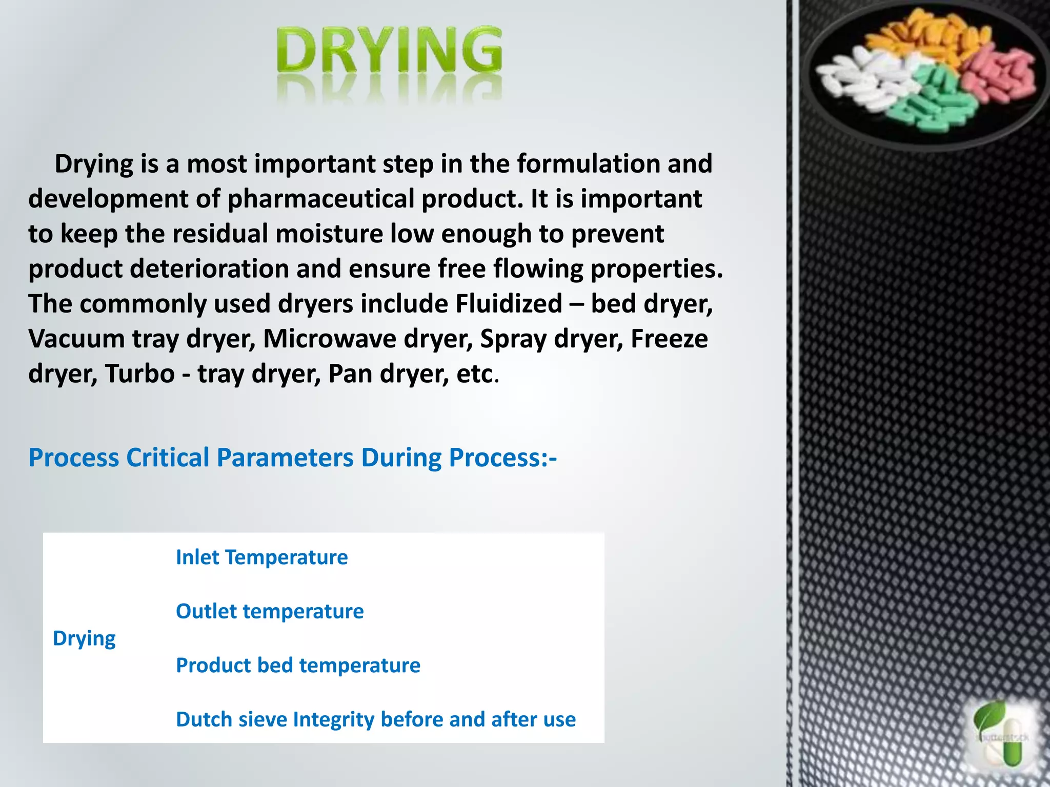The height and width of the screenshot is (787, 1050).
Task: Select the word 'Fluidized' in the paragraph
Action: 509,304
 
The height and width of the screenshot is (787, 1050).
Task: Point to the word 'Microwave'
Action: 329,339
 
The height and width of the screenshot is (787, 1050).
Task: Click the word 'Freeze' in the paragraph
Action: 669,339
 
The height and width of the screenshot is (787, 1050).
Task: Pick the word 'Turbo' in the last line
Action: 139,374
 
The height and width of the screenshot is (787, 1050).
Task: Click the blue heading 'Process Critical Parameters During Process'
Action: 292,458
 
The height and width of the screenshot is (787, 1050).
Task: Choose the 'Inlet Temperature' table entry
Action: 261,557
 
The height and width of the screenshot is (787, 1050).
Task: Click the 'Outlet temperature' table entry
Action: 270,611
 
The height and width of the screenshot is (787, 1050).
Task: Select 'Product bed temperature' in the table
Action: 298,666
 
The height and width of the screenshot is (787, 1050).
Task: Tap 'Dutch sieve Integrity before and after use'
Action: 376,719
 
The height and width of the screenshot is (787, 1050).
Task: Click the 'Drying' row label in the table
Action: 84,638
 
